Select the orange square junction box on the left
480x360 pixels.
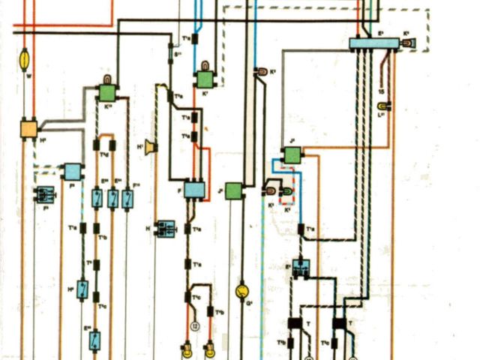(x=29, y=128)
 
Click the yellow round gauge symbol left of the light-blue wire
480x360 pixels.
(x=241, y=290)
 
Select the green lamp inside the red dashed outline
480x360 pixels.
(x=284, y=194)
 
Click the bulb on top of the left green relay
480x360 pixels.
(x=106, y=79)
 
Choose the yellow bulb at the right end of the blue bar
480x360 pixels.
(x=408, y=44)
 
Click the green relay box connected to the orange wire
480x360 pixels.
(x=291, y=155)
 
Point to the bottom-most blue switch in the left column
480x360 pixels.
(x=95, y=339)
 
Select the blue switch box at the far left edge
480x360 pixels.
(x=44, y=195)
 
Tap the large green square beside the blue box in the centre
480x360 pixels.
(x=233, y=190)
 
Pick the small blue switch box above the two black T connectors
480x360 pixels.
(x=302, y=268)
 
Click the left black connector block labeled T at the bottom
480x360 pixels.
(x=294, y=325)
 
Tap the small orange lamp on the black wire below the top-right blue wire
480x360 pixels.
(x=262, y=72)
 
